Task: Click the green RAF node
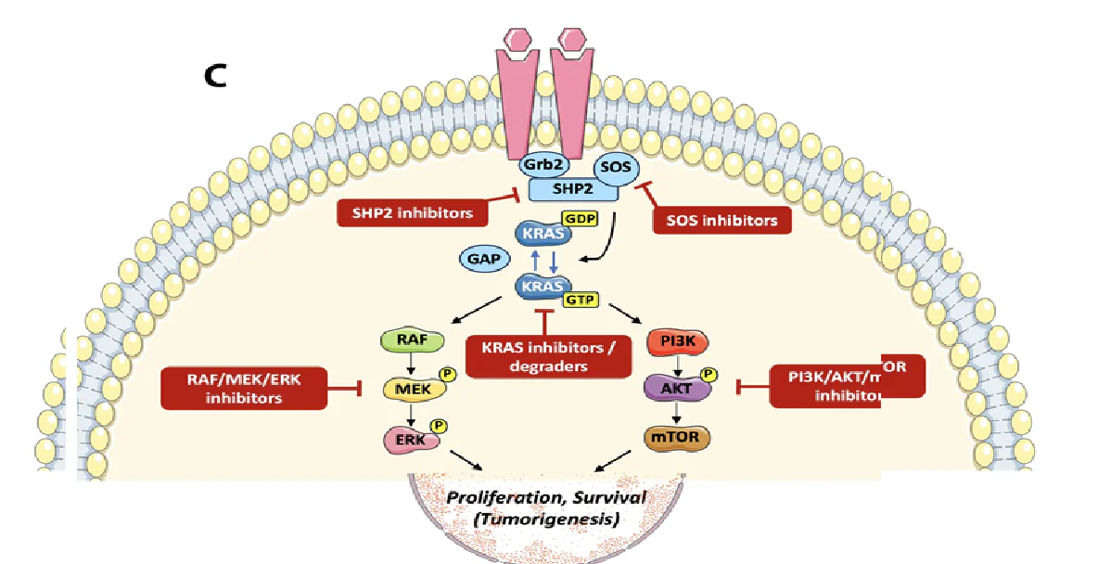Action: click(406, 340)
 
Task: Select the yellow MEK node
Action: click(408, 388)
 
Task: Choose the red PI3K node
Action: click(677, 342)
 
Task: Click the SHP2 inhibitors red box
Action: click(412, 212)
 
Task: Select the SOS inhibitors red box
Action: click(722, 220)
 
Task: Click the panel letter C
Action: click(216, 76)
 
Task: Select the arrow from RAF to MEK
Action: click(407, 364)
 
